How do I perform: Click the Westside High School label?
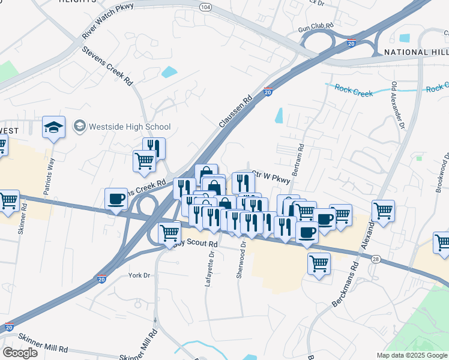pos(130,127)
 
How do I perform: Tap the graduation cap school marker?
pos(53,127)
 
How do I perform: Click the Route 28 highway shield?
pos(375,259)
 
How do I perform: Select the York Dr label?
pos(139,275)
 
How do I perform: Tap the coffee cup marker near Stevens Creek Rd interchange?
pos(115,199)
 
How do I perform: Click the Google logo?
pos(20,353)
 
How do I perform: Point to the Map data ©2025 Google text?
pos(411,355)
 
